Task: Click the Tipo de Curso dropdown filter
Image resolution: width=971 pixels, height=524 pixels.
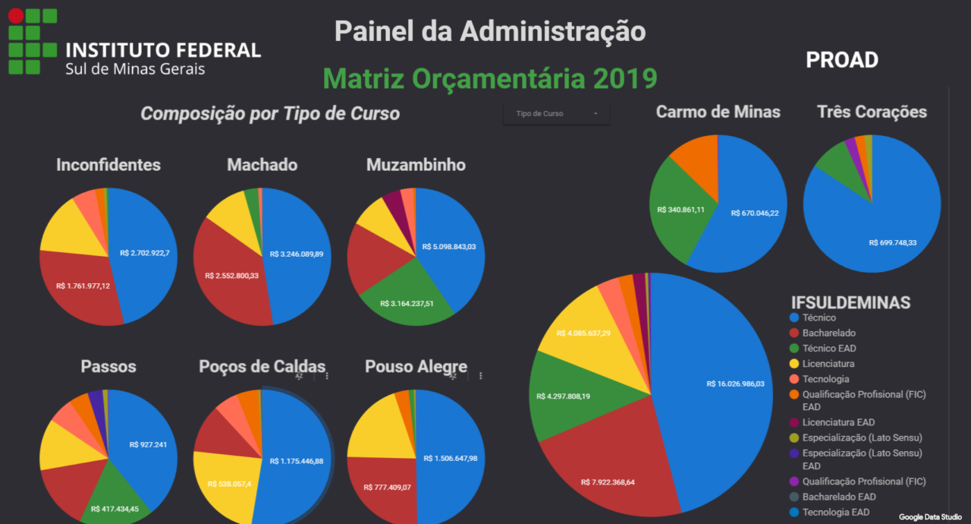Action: [x=556, y=114]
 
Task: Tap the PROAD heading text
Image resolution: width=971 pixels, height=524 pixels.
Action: [x=841, y=60]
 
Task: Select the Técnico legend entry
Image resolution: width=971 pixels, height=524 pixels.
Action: [x=819, y=317]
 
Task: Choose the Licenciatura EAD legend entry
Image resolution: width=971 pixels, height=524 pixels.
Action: [x=838, y=422]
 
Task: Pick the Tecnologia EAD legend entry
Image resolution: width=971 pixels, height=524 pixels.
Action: [x=836, y=512]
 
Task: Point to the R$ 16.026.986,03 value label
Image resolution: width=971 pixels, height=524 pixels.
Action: [x=746, y=384]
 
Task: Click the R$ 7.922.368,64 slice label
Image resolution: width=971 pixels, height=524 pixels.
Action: [x=608, y=482]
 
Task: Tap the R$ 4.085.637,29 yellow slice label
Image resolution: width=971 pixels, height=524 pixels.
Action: [x=583, y=333]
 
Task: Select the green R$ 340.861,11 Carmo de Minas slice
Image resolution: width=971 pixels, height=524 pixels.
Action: [x=681, y=210]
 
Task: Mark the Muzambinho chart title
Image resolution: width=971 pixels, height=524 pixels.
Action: [x=416, y=165]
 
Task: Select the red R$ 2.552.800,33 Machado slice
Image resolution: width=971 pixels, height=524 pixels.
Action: [x=231, y=276]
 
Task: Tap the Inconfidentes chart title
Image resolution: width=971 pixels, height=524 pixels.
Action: [x=108, y=165]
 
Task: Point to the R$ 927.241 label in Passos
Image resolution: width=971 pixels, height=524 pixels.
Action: [x=148, y=445]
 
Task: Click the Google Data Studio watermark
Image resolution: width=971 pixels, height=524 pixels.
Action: [x=930, y=516]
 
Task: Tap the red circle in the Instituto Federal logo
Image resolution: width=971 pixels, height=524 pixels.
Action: [x=16, y=15]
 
